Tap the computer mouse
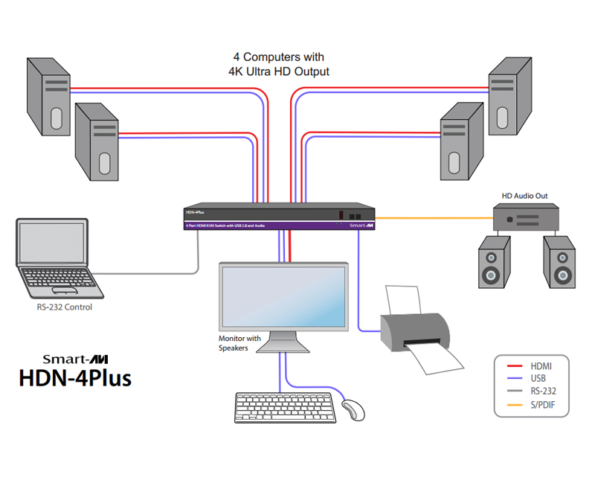tap(354, 409)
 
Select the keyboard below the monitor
tap(283, 408)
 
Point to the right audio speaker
tap(559, 262)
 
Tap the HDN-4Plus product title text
tap(74, 377)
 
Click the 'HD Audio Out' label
tap(524, 196)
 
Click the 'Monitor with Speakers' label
tap(239, 343)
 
